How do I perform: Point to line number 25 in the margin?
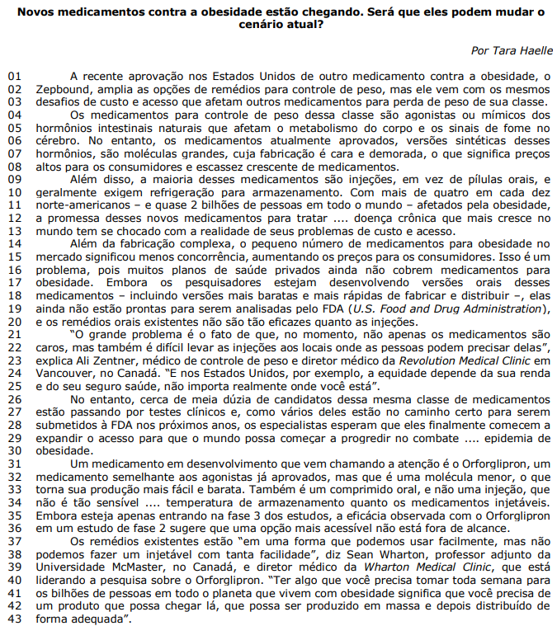14,385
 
